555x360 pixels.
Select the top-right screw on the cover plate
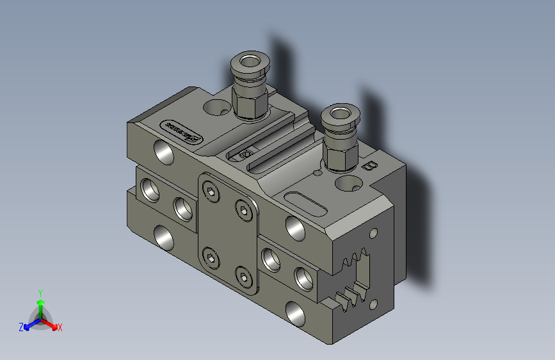[x=243, y=209]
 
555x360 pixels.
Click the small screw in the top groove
[x=244, y=154]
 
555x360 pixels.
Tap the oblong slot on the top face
[x=306, y=202]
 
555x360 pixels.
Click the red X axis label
[x=60, y=328]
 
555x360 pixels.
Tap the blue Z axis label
[x=21, y=327]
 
